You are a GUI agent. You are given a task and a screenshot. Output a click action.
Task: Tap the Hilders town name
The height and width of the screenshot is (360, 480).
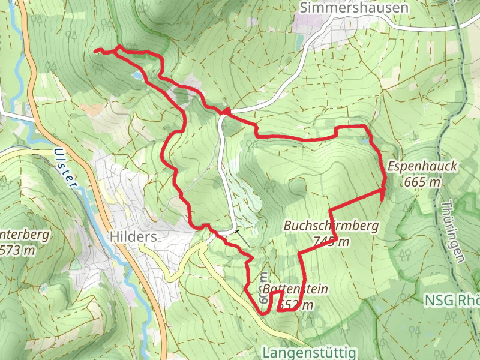[x=133, y=237]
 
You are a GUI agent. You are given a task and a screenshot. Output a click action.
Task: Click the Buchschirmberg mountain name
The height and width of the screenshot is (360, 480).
[x=331, y=226]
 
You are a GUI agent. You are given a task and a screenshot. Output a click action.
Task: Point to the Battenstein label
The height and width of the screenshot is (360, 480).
[x=295, y=289]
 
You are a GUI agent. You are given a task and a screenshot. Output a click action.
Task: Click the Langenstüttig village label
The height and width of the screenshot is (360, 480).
[x=309, y=352]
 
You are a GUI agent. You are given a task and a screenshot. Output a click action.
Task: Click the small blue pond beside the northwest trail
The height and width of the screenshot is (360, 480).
[x=139, y=76]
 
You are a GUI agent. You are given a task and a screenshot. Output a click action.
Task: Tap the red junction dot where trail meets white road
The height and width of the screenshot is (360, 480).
[x=226, y=111]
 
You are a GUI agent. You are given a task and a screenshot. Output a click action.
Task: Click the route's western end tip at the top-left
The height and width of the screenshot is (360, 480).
[x=96, y=52]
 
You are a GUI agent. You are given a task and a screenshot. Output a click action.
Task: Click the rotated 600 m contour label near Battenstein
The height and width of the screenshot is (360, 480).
[x=264, y=282]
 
